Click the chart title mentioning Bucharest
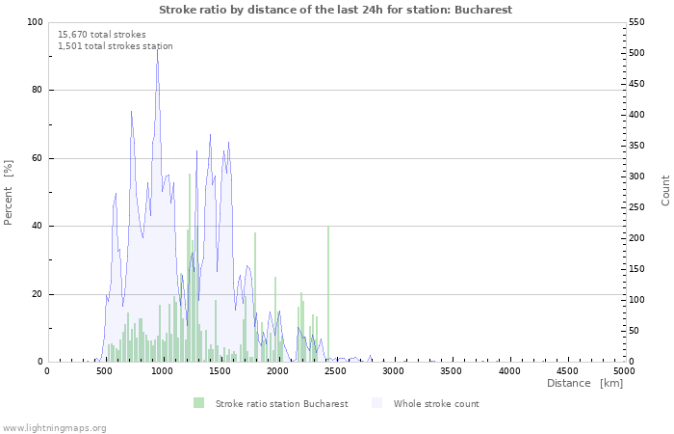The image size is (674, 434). [335, 10]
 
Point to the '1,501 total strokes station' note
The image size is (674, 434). [116, 46]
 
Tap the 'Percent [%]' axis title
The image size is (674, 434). [9, 192]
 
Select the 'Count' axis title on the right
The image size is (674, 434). [665, 190]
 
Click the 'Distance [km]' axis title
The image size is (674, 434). [584, 384]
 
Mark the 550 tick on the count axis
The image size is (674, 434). [639, 22]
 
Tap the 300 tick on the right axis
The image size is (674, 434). [639, 176]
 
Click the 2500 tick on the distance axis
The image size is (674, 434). [335, 370]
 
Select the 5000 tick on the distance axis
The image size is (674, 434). [624, 370]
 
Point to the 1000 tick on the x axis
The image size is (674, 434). [162, 370]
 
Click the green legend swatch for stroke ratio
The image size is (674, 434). [198, 403]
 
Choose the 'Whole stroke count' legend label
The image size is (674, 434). [435, 403]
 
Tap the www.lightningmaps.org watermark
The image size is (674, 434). [54, 427]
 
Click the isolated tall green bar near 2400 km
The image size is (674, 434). [328, 294]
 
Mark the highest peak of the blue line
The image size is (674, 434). [157, 50]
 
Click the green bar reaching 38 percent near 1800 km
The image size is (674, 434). [255, 297]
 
